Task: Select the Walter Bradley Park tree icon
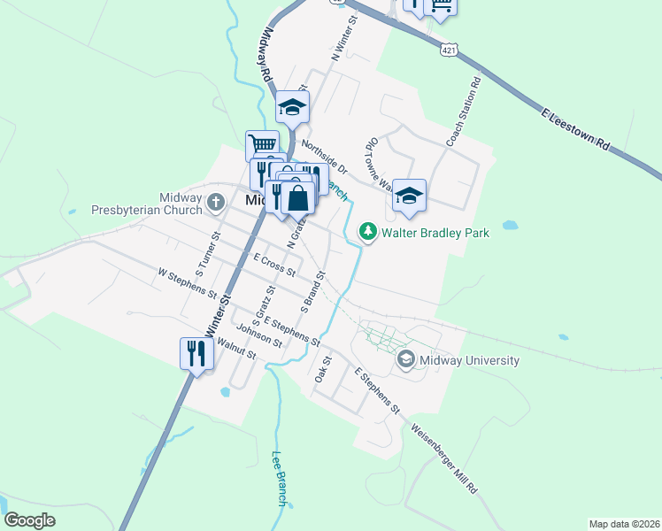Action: coord(367,232)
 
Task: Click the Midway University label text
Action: coord(469,360)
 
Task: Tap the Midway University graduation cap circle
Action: coord(406,358)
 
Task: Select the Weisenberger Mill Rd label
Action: coord(444,460)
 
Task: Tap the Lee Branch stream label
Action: coord(279,479)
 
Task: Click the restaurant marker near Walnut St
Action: coord(196,353)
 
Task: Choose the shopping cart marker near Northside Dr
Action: coord(262,145)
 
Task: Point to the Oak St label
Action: coord(322,370)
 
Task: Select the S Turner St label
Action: coord(206,253)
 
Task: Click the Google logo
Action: coord(29,520)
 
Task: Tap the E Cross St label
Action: coord(273,265)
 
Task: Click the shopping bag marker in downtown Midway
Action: coord(299,198)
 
